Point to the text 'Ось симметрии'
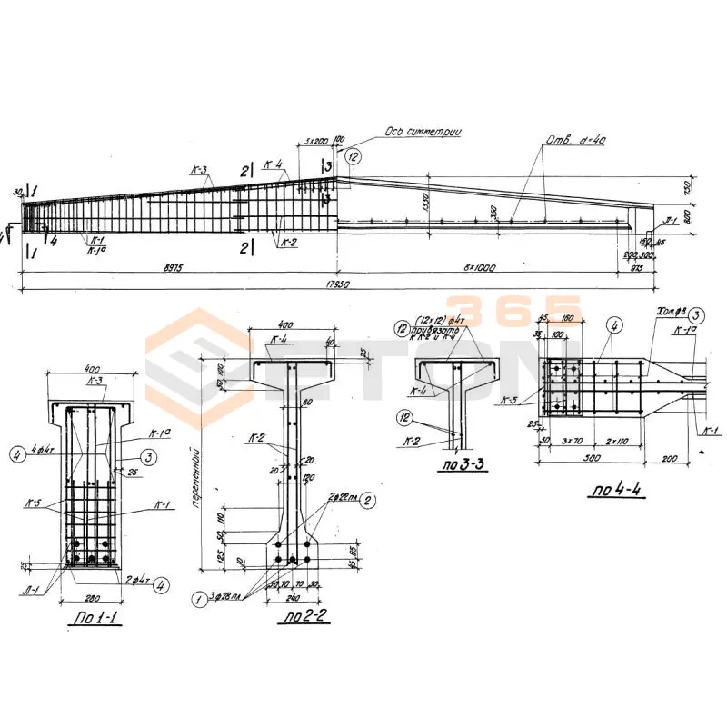(424, 133)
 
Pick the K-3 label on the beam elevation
(200, 170)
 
